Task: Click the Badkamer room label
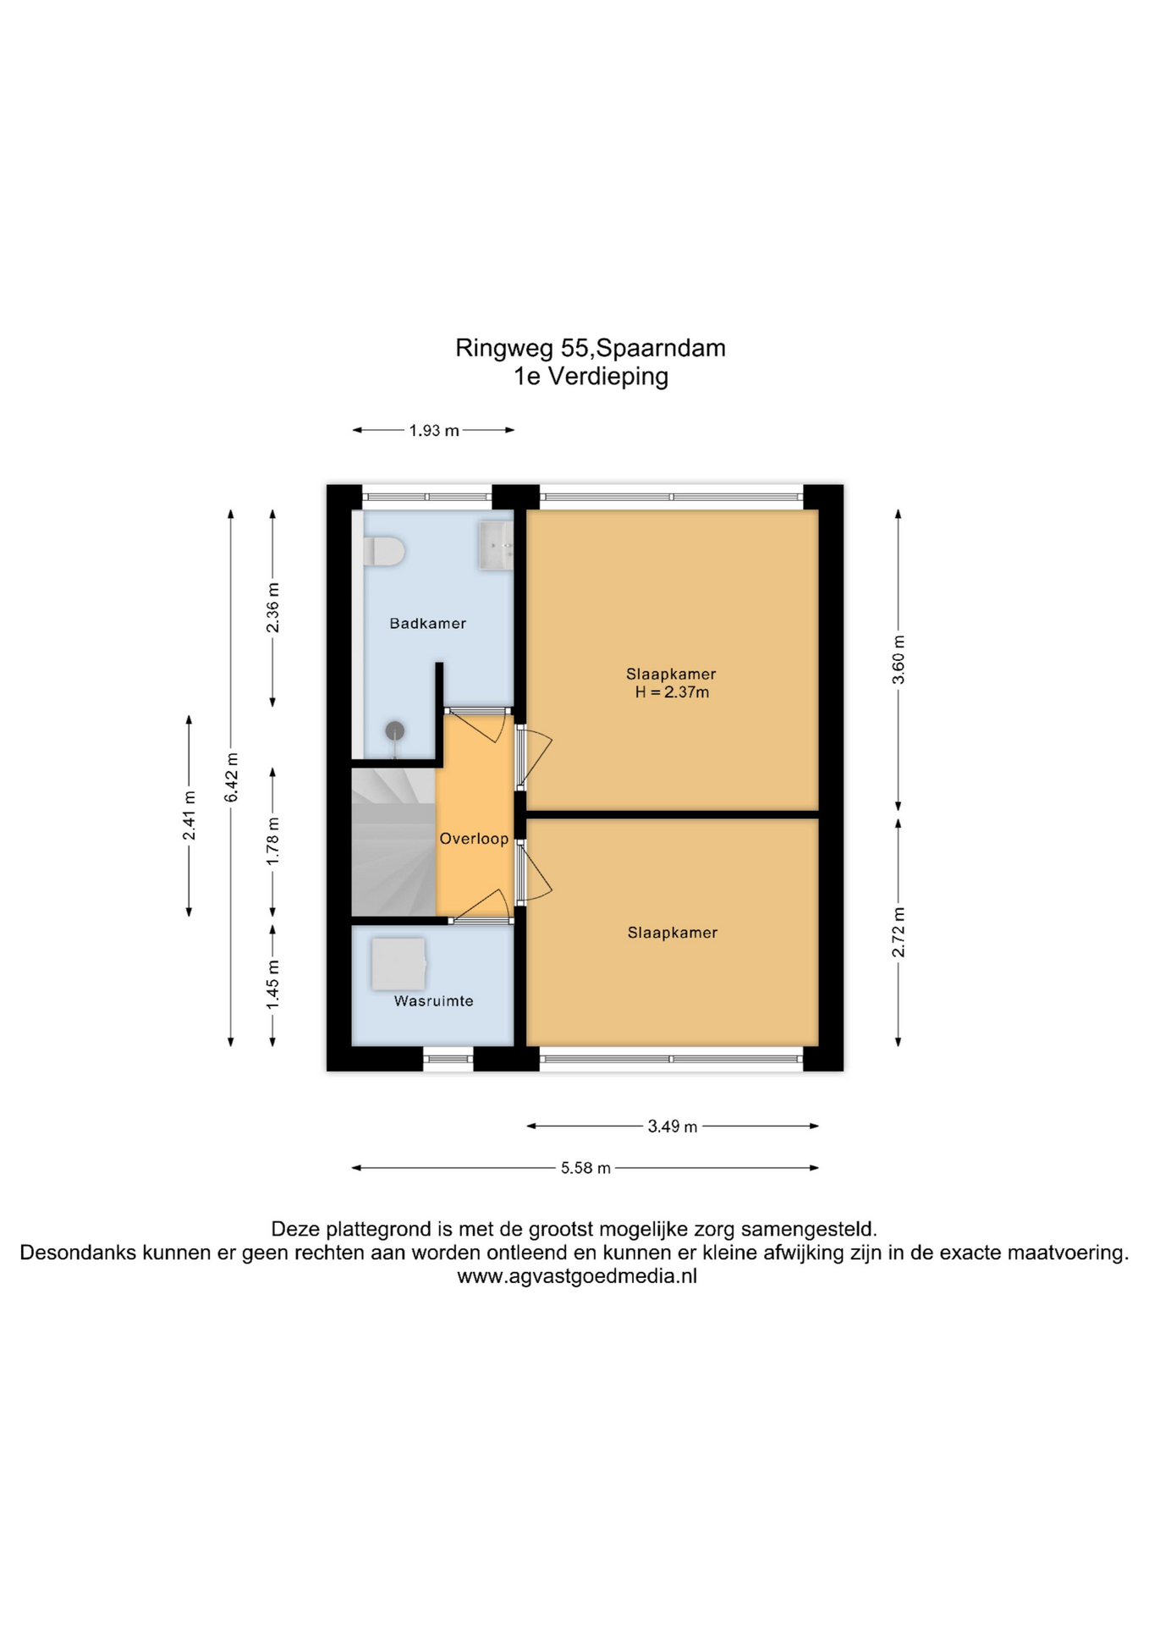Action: (x=427, y=624)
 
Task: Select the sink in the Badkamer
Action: (x=496, y=545)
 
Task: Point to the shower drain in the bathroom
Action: (x=395, y=730)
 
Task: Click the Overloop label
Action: (x=474, y=839)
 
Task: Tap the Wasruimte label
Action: (x=434, y=1001)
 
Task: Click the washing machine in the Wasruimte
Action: (x=398, y=963)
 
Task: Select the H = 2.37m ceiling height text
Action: (x=672, y=692)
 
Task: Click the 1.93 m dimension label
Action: (x=434, y=431)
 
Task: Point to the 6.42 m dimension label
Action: (x=231, y=777)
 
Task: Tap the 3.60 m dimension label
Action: (x=899, y=660)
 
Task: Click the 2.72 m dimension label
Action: (x=899, y=933)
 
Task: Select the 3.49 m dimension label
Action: (x=673, y=1126)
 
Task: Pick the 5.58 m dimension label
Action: (x=585, y=1168)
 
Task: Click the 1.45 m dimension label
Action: (x=272, y=985)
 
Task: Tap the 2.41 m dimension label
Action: (x=190, y=816)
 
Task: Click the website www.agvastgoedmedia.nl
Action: (x=577, y=1277)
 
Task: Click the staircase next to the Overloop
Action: (x=393, y=842)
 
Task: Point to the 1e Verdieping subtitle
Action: (x=591, y=377)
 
